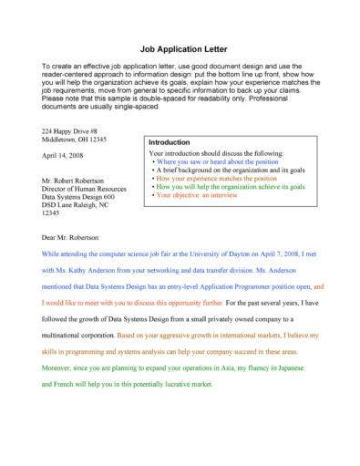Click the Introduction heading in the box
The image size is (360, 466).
169,143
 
